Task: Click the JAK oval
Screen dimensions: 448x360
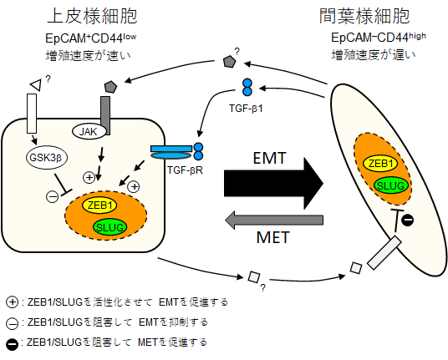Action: tap(88, 132)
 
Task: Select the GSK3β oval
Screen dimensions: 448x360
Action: tap(47, 157)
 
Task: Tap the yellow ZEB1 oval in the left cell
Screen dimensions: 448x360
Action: tap(99, 205)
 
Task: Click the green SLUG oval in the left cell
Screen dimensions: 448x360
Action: tap(110, 227)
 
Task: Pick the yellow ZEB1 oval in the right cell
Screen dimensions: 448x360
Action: tap(381, 164)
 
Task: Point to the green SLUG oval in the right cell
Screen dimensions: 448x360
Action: tap(391, 185)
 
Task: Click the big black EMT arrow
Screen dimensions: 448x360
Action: tap(273, 183)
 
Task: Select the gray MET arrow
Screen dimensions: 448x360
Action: tap(274, 221)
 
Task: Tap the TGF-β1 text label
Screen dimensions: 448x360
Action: tap(246, 109)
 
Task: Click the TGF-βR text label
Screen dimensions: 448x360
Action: tap(186, 170)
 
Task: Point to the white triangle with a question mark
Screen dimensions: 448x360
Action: tap(36, 84)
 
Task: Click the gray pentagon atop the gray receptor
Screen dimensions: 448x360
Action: tap(110, 87)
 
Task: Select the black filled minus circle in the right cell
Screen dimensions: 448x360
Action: tap(407, 221)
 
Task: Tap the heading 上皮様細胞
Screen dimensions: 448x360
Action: tap(92, 16)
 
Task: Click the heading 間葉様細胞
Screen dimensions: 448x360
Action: tap(364, 16)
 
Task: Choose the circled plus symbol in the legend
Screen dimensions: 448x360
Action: tap(12, 302)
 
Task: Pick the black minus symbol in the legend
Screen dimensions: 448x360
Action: tap(12, 344)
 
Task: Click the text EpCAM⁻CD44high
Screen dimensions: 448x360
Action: tap(379, 38)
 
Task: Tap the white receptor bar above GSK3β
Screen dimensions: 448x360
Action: tap(32, 114)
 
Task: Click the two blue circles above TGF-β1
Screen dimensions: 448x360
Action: tap(247, 87)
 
